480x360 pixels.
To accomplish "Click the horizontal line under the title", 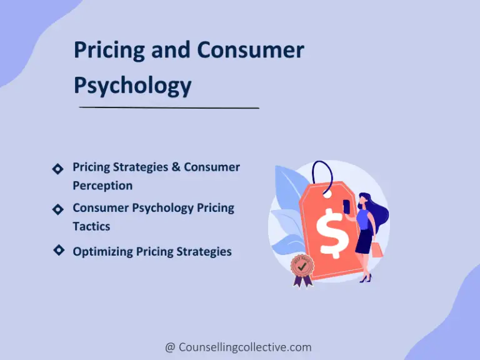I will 169,107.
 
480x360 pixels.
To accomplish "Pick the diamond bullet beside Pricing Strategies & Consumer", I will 57,169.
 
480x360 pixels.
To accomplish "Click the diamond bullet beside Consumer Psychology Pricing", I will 57,209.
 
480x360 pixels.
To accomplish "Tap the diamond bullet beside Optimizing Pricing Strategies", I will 58,250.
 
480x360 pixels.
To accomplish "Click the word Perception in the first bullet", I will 102,186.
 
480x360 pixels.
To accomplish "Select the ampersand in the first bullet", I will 175,167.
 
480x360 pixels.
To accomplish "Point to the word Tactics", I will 91,226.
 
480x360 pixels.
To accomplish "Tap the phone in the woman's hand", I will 346,204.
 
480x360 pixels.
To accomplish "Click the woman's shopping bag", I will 376,249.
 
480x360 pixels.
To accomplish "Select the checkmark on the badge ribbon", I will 302,266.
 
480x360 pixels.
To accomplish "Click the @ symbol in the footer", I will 170,347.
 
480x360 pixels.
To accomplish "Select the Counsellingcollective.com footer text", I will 244,347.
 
